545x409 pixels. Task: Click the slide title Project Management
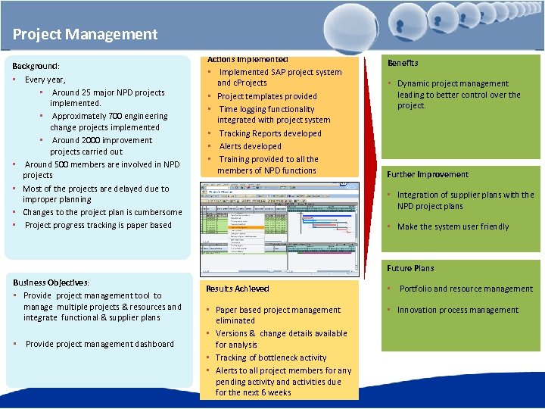(85, 34)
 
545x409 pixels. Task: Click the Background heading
(36, 67)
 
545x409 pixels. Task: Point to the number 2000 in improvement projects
(92, 140)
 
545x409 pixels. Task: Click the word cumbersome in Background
(156, 213)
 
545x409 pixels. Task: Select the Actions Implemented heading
(248, 59)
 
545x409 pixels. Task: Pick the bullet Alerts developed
(250, 146)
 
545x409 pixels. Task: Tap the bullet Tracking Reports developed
(269, 133)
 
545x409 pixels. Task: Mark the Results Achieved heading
(238, 289)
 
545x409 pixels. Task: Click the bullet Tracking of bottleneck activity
(271, 357)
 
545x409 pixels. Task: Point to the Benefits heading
(403, 63)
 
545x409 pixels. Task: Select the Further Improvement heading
(428, 174)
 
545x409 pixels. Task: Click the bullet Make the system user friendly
(453, 226)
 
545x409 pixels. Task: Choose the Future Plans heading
(410, 268)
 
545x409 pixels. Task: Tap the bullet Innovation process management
(457, 310)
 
